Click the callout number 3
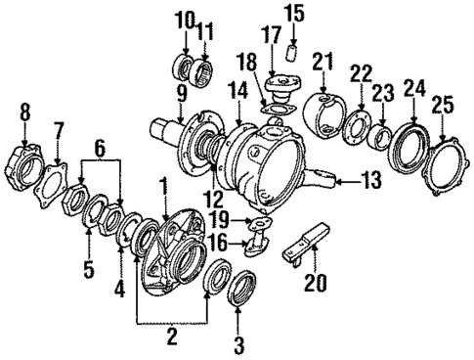pyautogui.click(x=238, y=344)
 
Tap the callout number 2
pyautogui.click(x=171, y=337)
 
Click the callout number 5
pyautogui.click(x=88, y=269)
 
